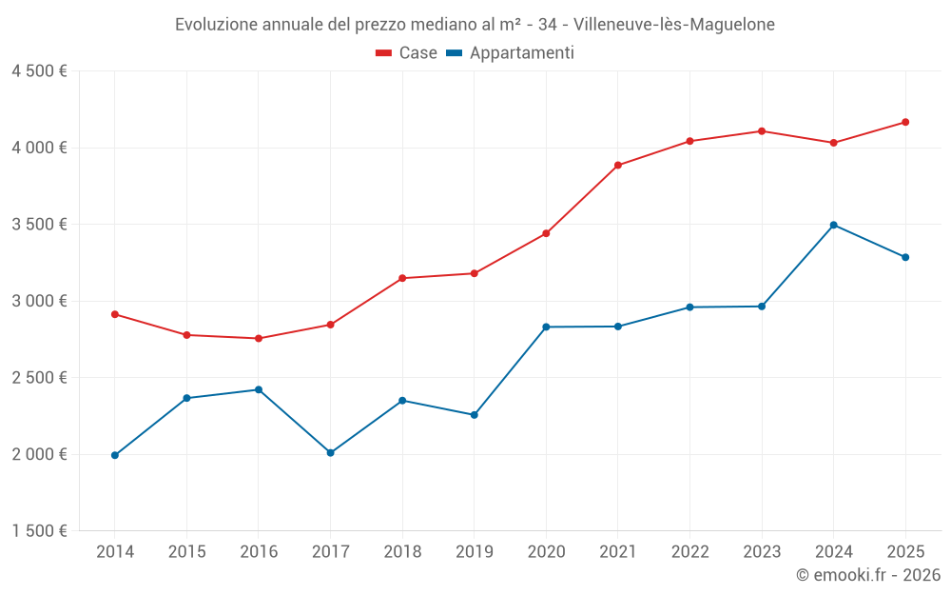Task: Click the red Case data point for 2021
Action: (x=618, y=166)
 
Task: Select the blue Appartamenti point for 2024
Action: (x=833, y=225)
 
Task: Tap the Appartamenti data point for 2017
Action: (x=330, y=453)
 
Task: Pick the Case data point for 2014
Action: (x=115, y=314)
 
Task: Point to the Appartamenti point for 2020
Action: (x=546, y=327)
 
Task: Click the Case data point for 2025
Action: (x=905, y=122)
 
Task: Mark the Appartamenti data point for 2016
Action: (x=259, y=389)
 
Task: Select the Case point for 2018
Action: (x=402, y=278)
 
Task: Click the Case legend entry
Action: (x=407, y=53)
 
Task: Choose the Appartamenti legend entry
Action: (x=511, y=53)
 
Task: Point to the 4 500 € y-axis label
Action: (x=39, y=71)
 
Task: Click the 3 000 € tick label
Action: (x=39, y=301)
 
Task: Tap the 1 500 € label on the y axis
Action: (x=39, y=531)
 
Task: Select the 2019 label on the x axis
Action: (x=474, y=551)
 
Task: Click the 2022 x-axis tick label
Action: (x=689, y=551)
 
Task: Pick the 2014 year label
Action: (x=115, y=551)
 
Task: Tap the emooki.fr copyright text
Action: (x=867, y=575)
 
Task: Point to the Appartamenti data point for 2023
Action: (x=762, y=307)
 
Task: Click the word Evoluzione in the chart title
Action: (x=216, y=25)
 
